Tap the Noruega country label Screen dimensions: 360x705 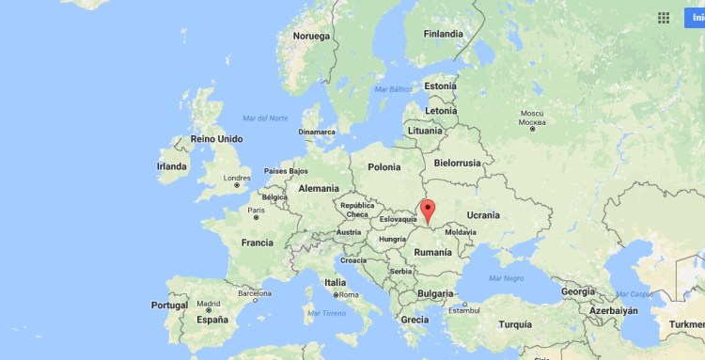312,37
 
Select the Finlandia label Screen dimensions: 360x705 443,34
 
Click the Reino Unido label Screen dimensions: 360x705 216,139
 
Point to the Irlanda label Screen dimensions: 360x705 172,166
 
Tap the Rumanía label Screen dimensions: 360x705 433,252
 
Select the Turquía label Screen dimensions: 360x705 515,324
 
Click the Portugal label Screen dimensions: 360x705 170,305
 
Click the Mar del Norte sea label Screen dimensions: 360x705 265,117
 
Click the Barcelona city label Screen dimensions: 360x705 254,293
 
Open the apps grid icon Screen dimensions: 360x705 664,18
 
